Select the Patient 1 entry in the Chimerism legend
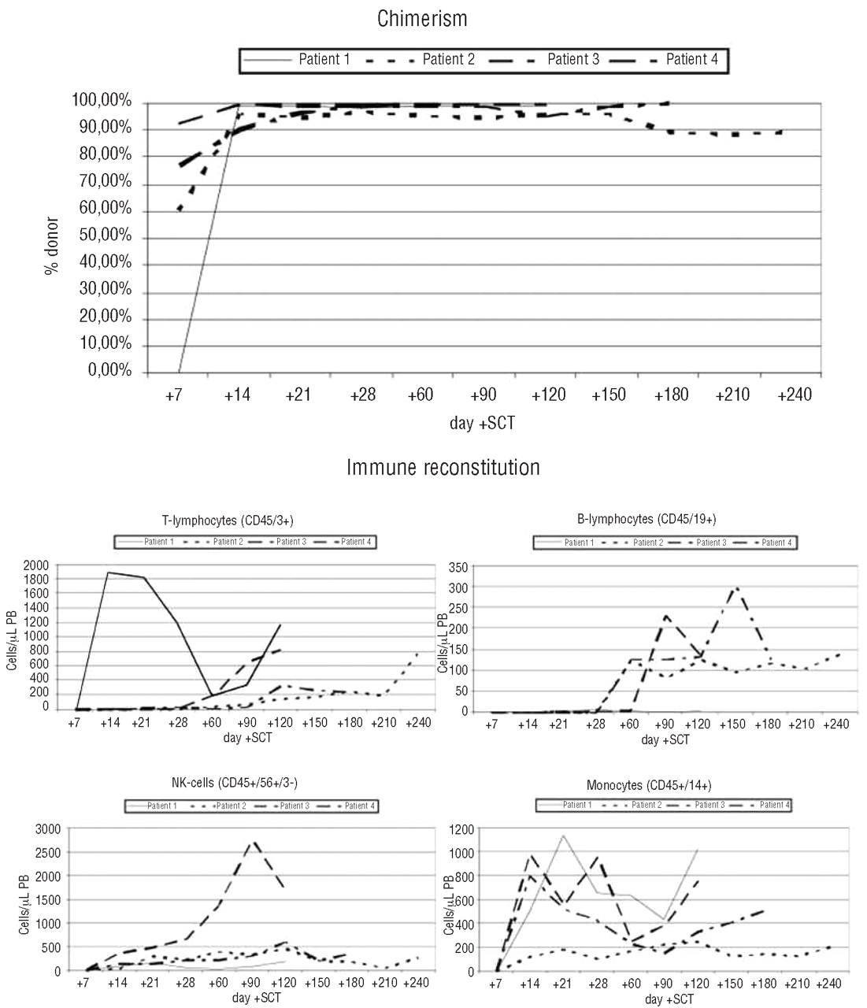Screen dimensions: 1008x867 point(324,59)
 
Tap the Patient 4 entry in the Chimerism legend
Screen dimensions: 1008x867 point(691,59)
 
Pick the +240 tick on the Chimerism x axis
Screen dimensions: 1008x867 point(794,394)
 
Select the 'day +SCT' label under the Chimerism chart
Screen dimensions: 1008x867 point(483,424)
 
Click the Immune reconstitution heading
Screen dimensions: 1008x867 point(443,467)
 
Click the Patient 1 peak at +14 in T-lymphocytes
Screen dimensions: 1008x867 point(108,573)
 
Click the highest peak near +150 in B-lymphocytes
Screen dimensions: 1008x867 point(735,587)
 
